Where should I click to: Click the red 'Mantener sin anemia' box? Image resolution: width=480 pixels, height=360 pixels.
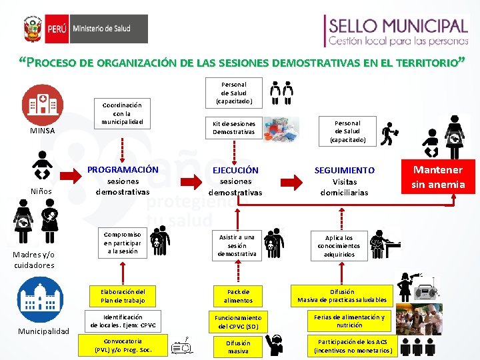pos(438,177)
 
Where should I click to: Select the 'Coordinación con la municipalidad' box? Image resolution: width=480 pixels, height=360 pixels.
pos(122,114)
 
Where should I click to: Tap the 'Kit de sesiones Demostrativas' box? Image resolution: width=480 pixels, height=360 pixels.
pos(234,128)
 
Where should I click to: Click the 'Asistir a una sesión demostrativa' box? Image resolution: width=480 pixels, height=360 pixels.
pos(237,245)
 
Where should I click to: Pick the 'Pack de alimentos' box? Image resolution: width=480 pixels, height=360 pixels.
pos(238,296)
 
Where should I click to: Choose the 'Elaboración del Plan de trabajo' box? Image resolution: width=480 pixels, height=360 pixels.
pos(123,296)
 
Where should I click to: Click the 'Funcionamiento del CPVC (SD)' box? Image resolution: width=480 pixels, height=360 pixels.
pos(238,322)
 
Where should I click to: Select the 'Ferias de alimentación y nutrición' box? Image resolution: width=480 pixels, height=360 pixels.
pos(349,321)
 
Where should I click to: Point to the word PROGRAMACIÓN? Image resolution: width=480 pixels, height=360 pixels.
pos(123,169)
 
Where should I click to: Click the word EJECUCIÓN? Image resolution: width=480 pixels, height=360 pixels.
pos(235,170)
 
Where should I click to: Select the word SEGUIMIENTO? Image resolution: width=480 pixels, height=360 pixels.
pos(344,171)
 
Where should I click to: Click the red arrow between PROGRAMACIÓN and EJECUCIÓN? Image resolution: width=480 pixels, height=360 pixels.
pos(189,179)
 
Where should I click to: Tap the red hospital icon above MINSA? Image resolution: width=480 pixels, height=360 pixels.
pos(43,104)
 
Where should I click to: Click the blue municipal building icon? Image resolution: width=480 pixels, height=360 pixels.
pos(41,295)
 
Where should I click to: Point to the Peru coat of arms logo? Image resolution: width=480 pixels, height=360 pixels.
pos(33,30)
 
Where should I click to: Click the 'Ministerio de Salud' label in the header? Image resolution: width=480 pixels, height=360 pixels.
pos(101,30)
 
